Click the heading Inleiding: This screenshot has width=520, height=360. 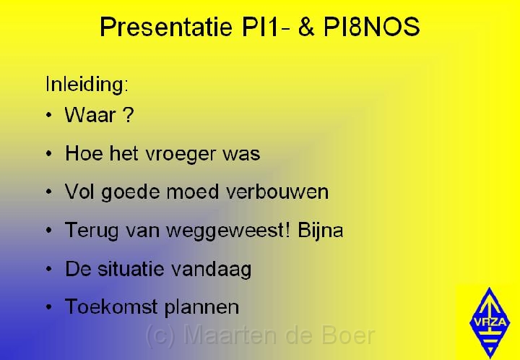coord(87,85)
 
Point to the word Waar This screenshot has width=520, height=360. coord(90,115)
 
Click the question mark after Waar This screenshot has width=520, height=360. coord(128,115)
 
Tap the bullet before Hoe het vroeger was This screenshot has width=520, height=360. coord(49,154)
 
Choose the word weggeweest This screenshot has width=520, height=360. coord(227,231)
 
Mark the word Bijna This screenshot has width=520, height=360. coord(321,231)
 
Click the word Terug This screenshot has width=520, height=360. coord(92,231)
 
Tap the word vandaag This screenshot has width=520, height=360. coord(211,270)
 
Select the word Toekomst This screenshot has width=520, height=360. coord(111,307)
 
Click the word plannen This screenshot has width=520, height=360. coord(201,307)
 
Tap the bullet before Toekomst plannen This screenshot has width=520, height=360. coord(49,307)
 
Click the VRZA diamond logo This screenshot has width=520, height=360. coord(490,322)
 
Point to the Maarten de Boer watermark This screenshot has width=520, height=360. coord(260,335)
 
